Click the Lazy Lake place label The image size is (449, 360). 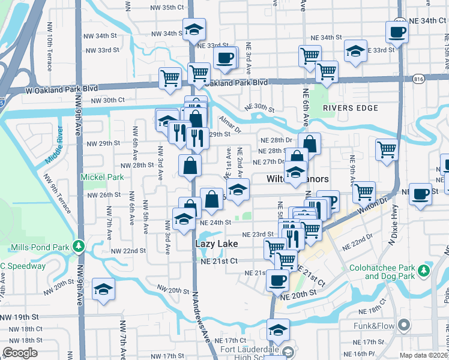click(217, 244)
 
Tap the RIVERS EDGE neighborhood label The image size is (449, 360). click(351, 108)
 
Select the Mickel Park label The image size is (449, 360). click(103, 177)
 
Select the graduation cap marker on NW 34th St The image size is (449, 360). click(194, 29)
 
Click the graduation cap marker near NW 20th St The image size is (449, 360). click(104, 290)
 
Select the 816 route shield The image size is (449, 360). click(418, 79)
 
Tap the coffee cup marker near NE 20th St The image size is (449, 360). click(277, 280)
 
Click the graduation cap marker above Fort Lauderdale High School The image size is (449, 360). click(278, 330)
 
